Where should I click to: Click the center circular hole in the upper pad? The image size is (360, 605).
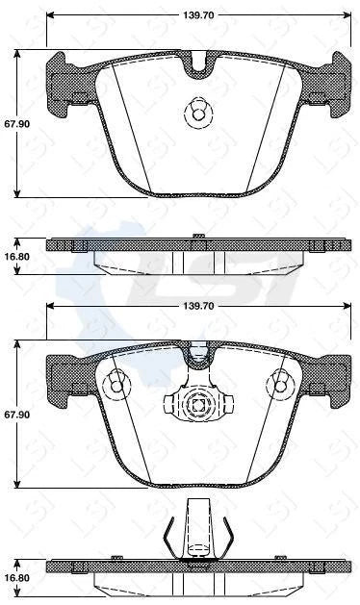(x=197, y=114)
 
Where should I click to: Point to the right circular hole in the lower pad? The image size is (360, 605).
(x=282, y=385)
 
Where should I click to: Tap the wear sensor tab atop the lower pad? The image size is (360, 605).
(x=198, y=357)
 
